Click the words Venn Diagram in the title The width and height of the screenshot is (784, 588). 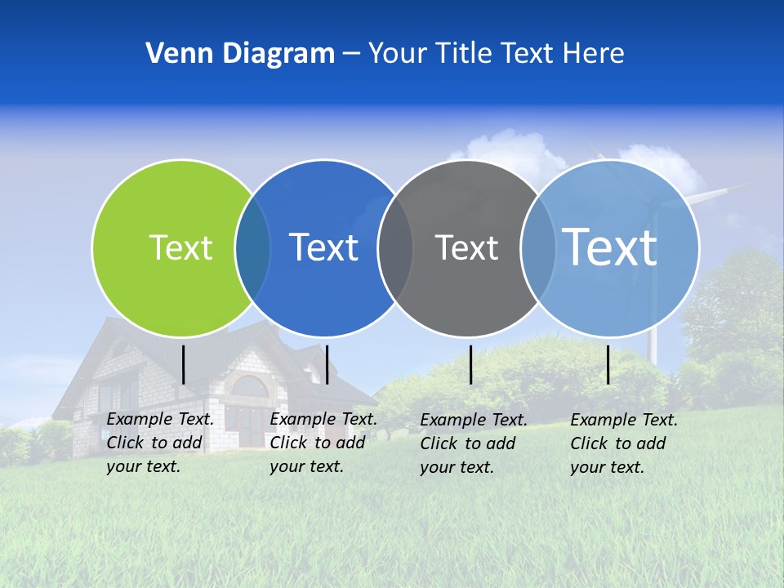[x=240, y=54]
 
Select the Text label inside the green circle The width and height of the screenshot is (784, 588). [x=180, y=247]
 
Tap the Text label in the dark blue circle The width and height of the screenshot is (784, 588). [x=324, y=247]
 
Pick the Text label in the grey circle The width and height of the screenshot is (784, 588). [x=466, y=247]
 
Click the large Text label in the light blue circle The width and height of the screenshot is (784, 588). [x=610, y=247]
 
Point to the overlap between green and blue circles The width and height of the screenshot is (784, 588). [x=252, y=247]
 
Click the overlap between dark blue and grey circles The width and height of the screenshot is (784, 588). [x=395, y=247]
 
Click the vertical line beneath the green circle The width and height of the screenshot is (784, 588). [x=184, y=364]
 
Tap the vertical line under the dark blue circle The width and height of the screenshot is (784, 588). [x=327, y=364]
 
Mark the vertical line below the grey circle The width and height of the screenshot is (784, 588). [x=471, y=364]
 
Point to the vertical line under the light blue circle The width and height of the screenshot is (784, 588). [x=608, y=364]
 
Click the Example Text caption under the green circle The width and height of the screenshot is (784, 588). [x=160, y=443]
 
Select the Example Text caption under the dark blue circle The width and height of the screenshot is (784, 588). [x=323, y=443]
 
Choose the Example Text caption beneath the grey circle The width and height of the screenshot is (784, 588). [x=474, y=443]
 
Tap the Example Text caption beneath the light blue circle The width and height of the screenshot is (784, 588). [x=624, y=443]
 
